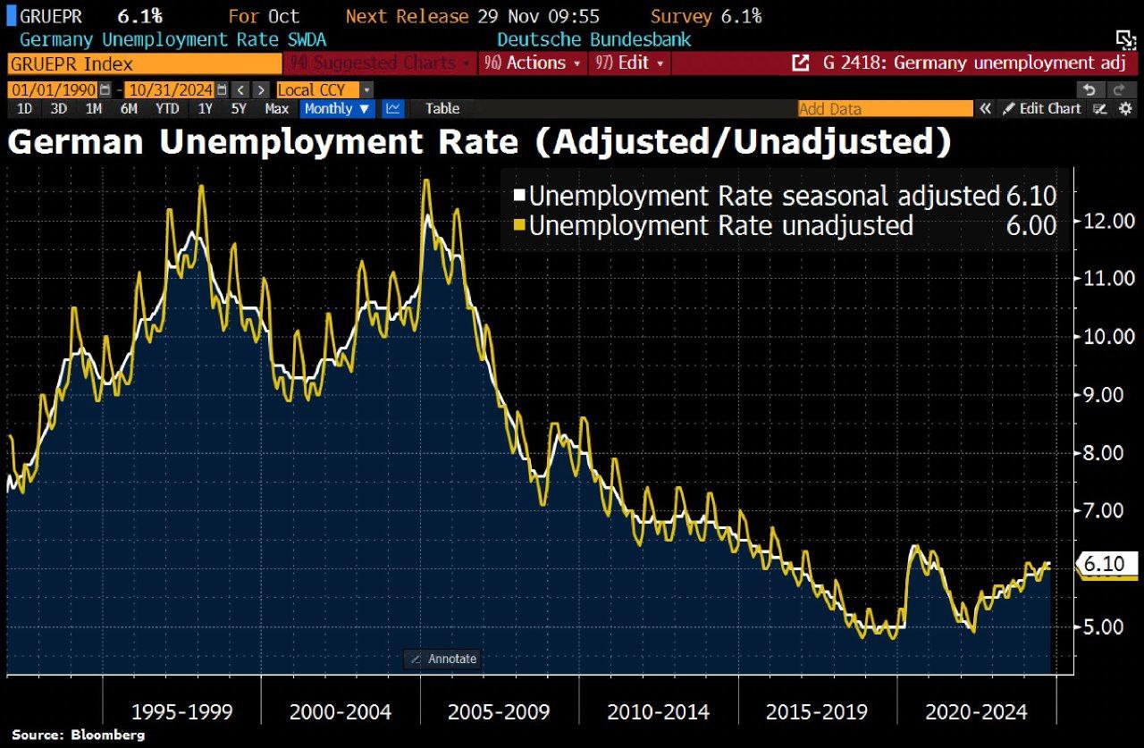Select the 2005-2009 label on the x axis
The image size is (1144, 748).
pos(500,712)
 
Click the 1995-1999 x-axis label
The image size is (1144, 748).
pos(181,712)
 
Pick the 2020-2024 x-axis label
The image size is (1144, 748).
pos(976,712)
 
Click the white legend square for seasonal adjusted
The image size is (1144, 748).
pos(519,196)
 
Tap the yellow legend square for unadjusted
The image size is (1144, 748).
pos(519,225)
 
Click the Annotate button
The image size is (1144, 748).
pos(443,659)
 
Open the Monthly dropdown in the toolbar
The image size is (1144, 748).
pos(338,108)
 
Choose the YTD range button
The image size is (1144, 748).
pos(167,108)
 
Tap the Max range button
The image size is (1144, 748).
pos(276,108)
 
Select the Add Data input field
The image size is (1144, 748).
pos(884,108)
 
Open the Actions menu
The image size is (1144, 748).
pos(532,63)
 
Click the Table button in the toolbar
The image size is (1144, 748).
pos(442,108)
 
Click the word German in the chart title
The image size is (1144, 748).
pos(75,143)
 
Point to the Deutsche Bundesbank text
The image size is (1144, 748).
pos(593,39)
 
